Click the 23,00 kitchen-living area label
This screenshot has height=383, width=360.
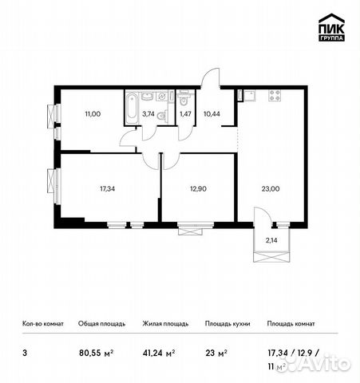click(271, 189)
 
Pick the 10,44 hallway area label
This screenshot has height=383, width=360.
click(212, 114)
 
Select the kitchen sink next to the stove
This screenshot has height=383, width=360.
click(250, 96)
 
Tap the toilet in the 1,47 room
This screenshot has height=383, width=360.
click(184, 101)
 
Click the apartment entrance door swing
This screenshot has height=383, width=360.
click(209, 78)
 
